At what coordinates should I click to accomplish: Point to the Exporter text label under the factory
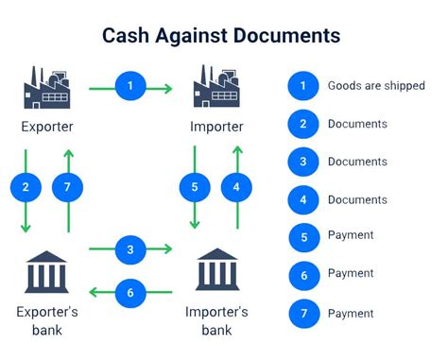click(x=47, y=126)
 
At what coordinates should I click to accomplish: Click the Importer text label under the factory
click(x=215, y=126)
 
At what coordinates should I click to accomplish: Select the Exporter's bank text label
click(x=47, y=320)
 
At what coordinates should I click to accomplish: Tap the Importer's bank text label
click(x=217, y=320)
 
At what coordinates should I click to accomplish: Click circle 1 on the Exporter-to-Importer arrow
click(x=130, y=87)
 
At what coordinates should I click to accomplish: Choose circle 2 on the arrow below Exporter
click(x=26, y=187)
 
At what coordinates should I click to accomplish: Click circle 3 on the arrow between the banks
click(x=130, y=249)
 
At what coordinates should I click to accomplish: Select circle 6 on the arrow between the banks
click(x=130, y=293)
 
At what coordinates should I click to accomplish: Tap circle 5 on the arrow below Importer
click(x=194, y=187)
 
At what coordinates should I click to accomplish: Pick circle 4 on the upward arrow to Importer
click(x=237, y=187)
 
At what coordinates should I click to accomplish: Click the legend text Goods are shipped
click(x=375, y=86)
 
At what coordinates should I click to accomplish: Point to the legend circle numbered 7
click(x=303, y=313)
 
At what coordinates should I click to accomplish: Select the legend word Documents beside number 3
click(x=357, y=162)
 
